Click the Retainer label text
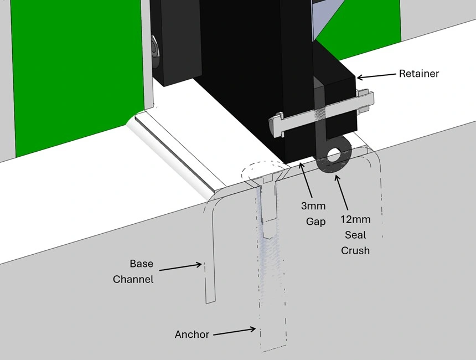coord(418,74)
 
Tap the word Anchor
coord(192,335)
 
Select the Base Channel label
coord(133,271)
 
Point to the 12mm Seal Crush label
coord(355,235)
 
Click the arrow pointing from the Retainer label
coord(376,76)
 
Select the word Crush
coord(355,251)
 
